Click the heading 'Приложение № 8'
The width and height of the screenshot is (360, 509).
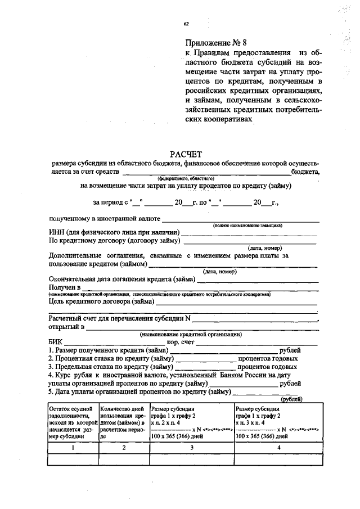pos(216,43)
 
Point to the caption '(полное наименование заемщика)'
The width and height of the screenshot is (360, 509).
pos(247,225)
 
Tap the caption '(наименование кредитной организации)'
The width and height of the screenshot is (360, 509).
pos(191,334)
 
